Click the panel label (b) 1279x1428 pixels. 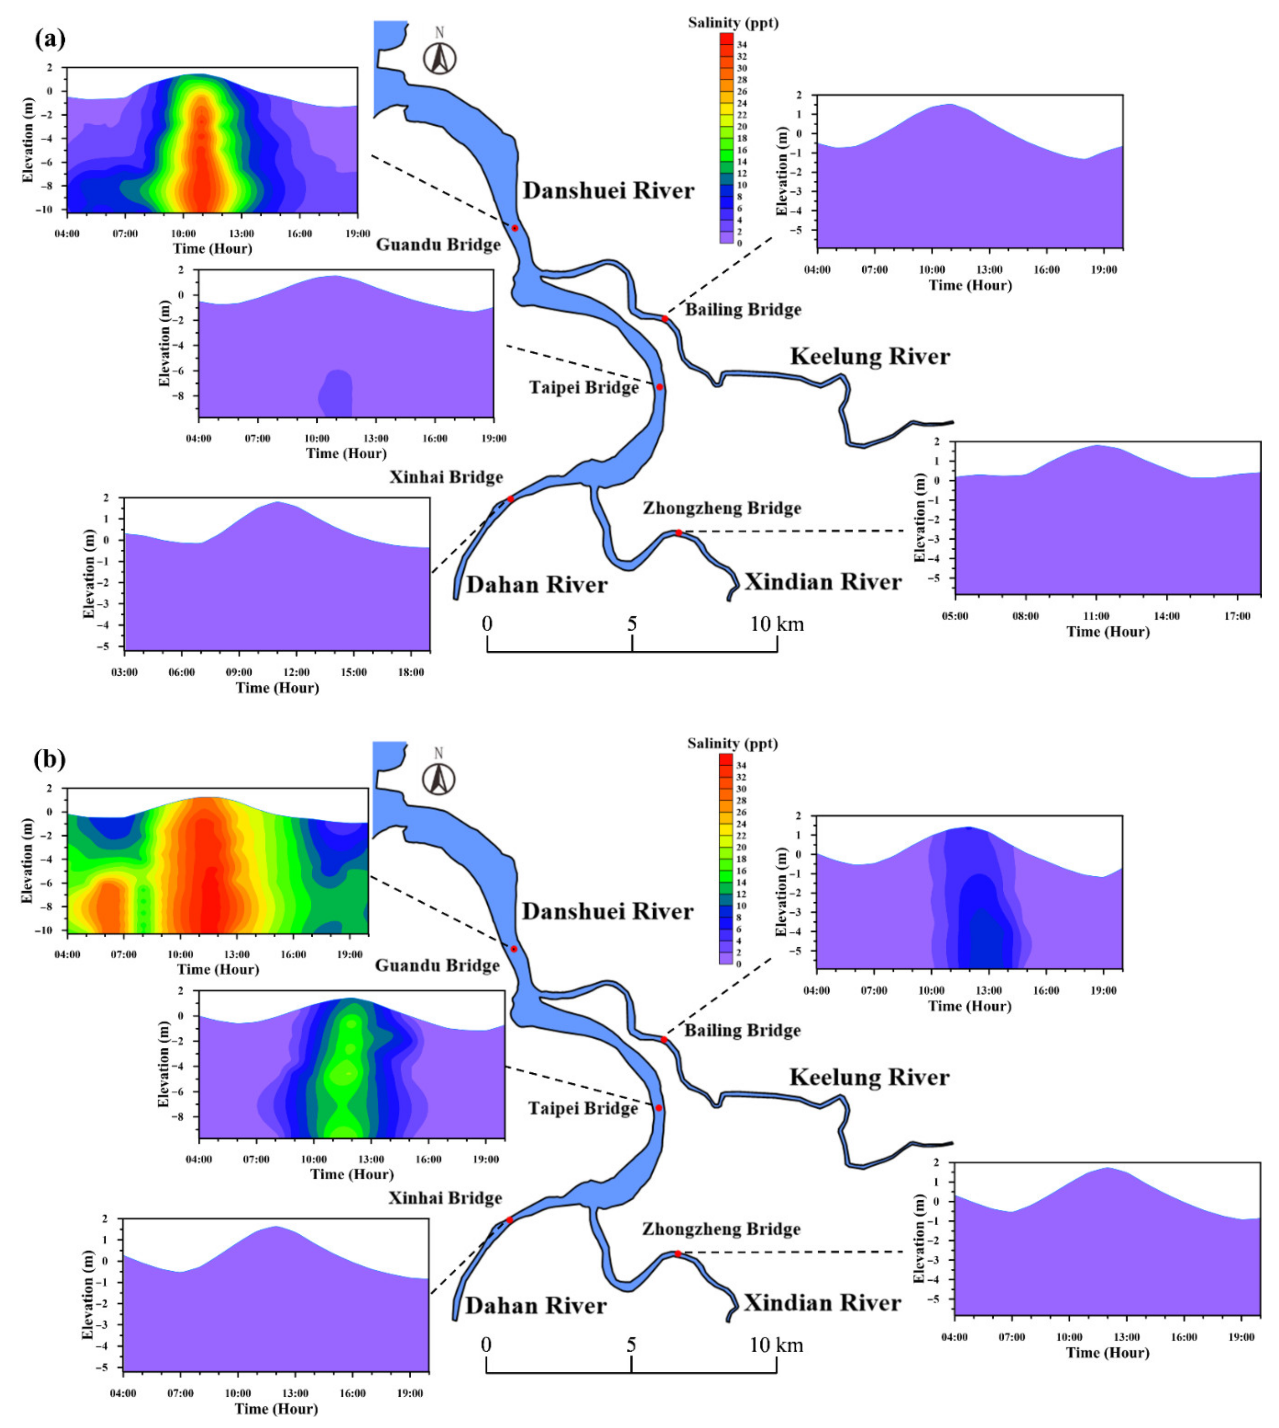(x=50, y=759)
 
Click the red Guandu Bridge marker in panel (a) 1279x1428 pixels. (x=514, y=228)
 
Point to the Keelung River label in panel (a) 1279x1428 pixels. (x=870, y=356)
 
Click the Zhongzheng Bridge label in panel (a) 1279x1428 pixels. (x=722, y=508)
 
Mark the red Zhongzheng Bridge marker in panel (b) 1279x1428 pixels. (x=678, y=1254)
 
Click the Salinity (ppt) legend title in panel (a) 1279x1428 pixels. (x=733, y=23)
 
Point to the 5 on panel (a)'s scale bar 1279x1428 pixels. (x=632, y=624)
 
